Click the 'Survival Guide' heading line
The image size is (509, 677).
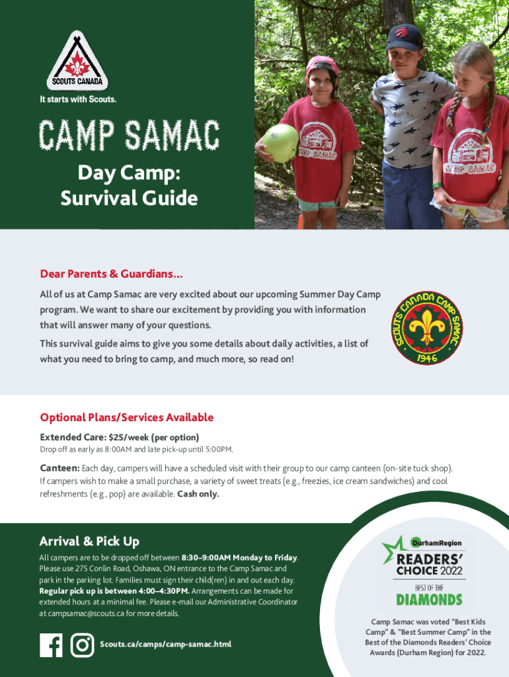129,198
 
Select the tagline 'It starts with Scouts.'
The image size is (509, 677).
80,100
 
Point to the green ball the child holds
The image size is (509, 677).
280,143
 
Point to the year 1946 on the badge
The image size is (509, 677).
426,356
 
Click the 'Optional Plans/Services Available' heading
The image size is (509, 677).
126,417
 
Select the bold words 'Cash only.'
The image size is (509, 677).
198,495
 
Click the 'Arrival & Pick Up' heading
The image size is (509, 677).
89,541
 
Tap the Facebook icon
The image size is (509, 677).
51,645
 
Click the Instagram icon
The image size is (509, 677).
82,645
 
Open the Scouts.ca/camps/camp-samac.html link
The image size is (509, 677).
165,645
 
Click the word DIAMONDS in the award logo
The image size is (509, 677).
429,600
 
